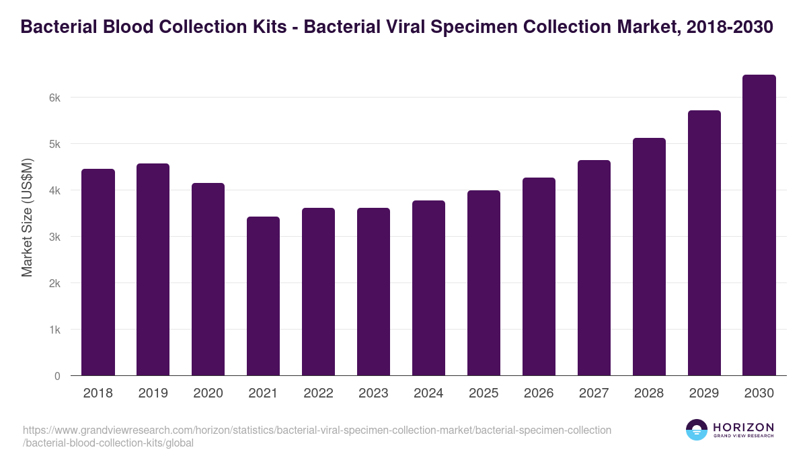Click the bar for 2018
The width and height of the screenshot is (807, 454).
click(x=98, y=272)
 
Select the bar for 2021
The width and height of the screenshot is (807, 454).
click(x=264, y=296)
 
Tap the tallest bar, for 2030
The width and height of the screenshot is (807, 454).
click(x=759, y=225)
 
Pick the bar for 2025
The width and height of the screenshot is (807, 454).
click(x=484, y=283)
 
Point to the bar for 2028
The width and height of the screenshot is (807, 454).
click(x=649, y=257)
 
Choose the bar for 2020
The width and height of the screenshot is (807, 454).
click(x=208, y=279)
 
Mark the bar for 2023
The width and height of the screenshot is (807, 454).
click(x=374, y=292)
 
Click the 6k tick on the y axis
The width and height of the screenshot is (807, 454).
click(x=55, y=98)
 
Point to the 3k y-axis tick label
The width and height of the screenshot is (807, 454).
click(x=55, y=237)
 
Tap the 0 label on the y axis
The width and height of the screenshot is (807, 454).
click(x=58, y=376)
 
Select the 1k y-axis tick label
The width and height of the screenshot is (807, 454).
click(x=55, y=330)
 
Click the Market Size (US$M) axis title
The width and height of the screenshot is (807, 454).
click(x=27, y=217)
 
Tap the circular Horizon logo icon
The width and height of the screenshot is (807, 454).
click(x=697, y=430)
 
